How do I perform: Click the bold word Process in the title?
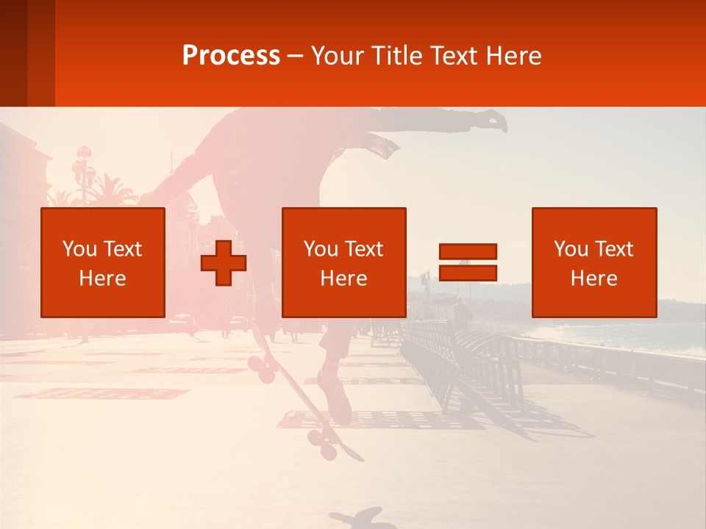point(231,56)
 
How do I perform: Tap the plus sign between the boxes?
point(224,262)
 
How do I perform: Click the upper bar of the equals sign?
point(468,251)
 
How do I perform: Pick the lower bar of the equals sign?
point(468,273)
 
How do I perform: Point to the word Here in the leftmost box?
point(102,278)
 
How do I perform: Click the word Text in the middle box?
point(363,249)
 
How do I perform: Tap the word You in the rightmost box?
point(571,249)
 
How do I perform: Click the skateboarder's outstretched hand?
point(494,120)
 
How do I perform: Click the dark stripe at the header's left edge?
point(13,53)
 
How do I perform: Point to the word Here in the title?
point(516,56)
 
